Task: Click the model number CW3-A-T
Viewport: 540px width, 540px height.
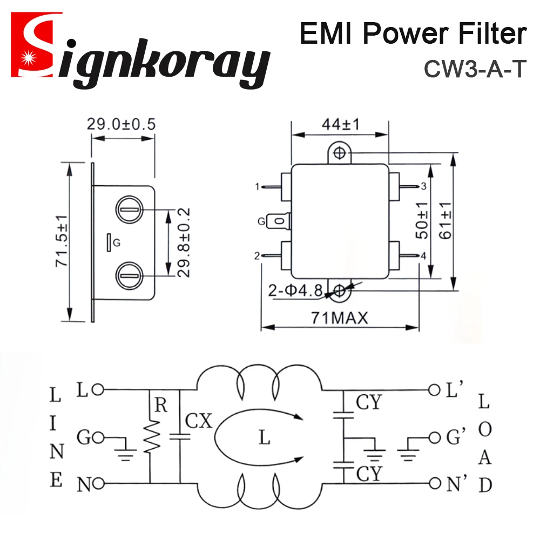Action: tap(474, 69)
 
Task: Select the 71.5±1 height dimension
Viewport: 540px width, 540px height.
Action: tap(60, 241)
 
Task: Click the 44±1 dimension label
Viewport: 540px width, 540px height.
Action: tap(340, 124)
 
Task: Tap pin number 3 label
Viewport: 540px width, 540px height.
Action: tap(424, 187)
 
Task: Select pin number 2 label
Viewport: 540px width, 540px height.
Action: tap(257, 255)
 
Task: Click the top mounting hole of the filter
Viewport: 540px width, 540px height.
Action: tap(340, 153)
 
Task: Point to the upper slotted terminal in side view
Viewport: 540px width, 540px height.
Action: tap(129, 209)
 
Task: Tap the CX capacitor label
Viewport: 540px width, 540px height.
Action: tap(198, 421)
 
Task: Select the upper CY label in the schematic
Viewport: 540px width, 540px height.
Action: tap(369, 402)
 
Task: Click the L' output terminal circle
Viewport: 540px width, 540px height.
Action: tap(433, 389)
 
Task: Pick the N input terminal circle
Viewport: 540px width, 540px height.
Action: tap(98, 483)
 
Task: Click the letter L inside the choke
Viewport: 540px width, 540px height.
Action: tap(264, 437)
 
